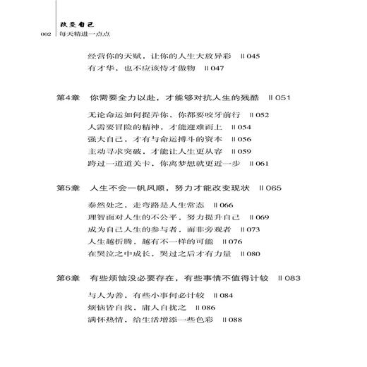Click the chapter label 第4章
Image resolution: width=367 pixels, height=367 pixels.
pos(68,97)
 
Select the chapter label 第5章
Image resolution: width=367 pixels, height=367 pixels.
pos(68,189)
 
